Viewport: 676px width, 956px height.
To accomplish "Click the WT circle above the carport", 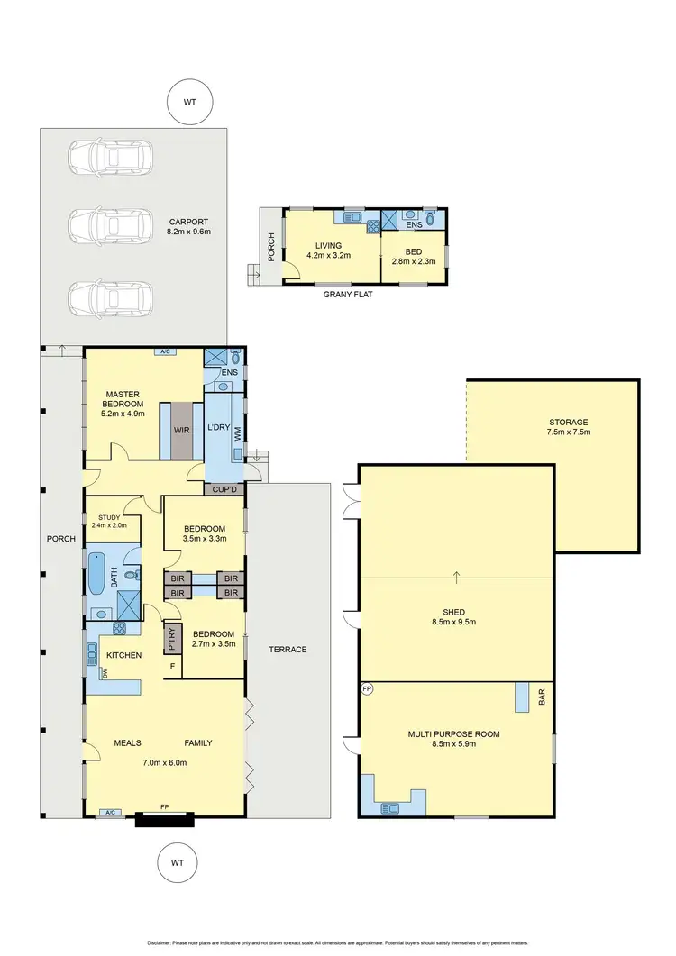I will pyautogui.click(x=189, y=103).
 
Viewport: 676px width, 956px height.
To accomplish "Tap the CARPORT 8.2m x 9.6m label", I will pyautogui.click(x=187, y=226).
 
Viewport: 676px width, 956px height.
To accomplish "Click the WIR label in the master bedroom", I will pyautogui.click(x=181, y=430).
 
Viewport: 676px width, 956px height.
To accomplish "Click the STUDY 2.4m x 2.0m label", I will pyautogui.click(x=108, y=522).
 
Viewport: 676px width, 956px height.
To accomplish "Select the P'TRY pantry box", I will pyautogui.click(x=171, y=638).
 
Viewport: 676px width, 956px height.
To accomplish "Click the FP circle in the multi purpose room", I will pyautogui.click(x=367, y=689).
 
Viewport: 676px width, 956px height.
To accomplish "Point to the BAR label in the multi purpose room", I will pyautogui.click(x=543, y=698).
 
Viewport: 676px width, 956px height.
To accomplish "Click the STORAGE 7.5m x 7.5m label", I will pyautogui.click(x=568, y=427).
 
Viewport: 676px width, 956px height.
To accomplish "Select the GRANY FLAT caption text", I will pyautogui.click(x=346, y=294).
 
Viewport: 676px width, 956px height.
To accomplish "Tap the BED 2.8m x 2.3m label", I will pyautogui.click(x=413, y=256).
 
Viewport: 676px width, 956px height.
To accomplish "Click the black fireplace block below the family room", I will pyautogui.click(x=164, y=819).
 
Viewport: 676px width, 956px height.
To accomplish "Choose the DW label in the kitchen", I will pyautogui.click(x=105, y=672).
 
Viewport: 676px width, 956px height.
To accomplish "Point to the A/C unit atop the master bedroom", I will pyautogui.click(x=164, y=351).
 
